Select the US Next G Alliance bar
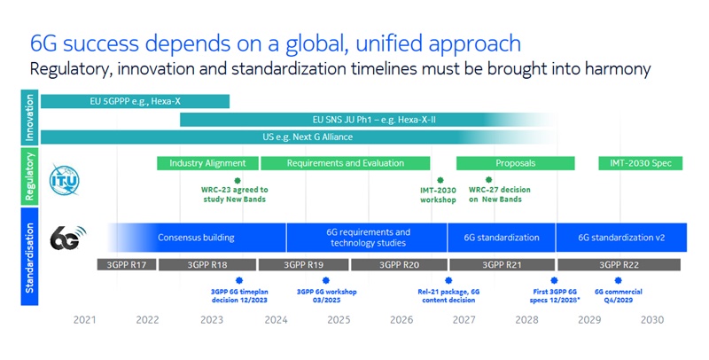pos(301,137)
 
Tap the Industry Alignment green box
pos(207,163)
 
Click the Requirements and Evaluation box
pos(346,163)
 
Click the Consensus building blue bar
pos(196,238)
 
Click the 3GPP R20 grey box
pos(398,264)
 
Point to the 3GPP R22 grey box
pos(620,264)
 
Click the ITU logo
pos(64,178)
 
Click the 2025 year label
pos(339,320)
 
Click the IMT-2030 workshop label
pos(438,194)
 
